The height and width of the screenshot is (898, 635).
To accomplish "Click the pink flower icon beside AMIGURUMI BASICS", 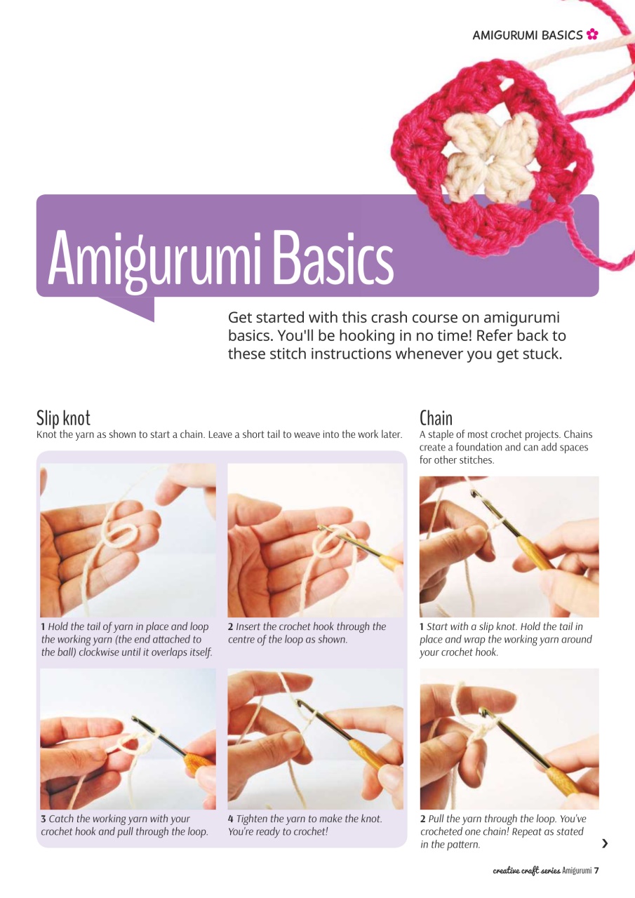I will [x=592, y=34].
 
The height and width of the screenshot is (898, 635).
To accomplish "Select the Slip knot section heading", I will [x=63, y=418].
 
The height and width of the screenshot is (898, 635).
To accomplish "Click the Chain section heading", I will [x=436, y=418].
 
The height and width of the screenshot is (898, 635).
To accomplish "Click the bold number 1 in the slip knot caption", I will [x=44, y=626].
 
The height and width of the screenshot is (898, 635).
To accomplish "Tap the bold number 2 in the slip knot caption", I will [x=231, y=626].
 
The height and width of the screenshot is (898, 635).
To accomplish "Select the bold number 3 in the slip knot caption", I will [x=44, y=819].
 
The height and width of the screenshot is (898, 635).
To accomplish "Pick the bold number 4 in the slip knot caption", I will [x=231, y=819].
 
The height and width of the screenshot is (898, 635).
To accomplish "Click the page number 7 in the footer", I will [x=596, y=871].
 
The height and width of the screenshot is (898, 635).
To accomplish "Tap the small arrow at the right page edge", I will [x=605, y=844].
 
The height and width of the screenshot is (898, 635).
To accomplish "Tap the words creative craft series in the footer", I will [x=526, y=871].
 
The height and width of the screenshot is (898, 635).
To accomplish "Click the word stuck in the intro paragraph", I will [x=541, y=354].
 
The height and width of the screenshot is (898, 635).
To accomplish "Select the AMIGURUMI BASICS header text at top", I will [x=528, y=34].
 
